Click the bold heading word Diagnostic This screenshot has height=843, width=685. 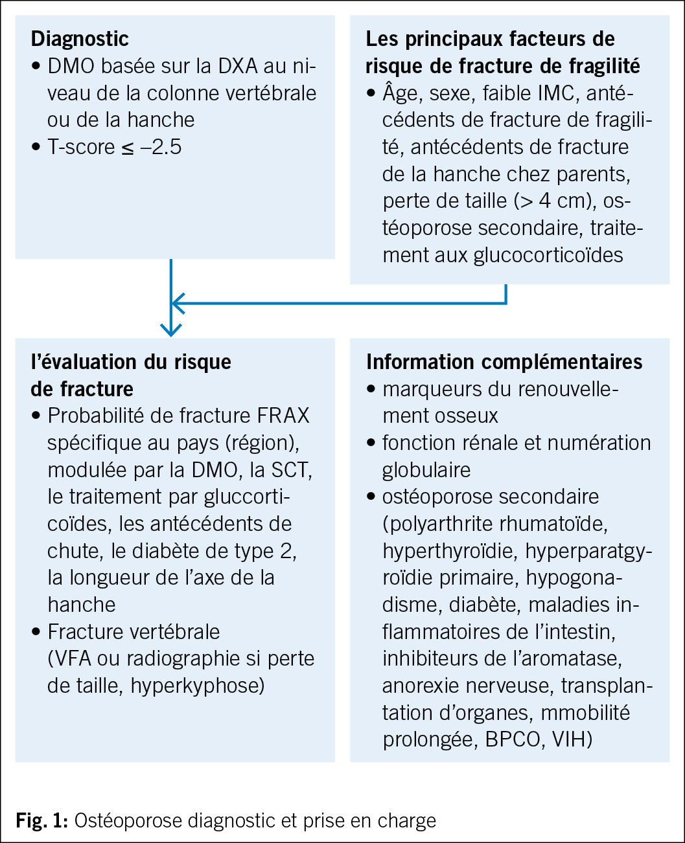[x=80, y=38]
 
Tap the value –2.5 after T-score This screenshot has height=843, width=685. [x=157, y=147]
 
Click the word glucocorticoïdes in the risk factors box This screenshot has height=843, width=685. [x=548, y=255]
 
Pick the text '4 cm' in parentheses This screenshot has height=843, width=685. [x=563, y=201]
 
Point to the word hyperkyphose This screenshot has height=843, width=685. [x=197, y=686]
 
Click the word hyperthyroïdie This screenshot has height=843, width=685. [x=450, y=551]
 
